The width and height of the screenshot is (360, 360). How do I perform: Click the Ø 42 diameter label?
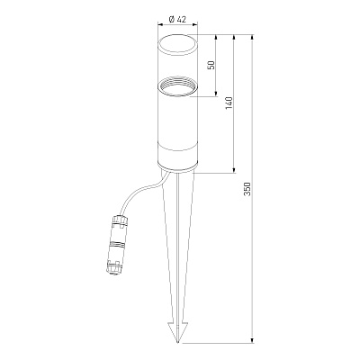point(177,20)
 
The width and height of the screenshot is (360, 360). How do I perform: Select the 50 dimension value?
point(212,65)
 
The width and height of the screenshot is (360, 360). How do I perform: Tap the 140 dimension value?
point(229,103)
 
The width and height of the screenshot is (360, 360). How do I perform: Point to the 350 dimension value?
point(247,189)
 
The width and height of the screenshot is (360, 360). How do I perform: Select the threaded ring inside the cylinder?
point(178,87)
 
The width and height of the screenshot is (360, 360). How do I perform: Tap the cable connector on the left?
point(117,244)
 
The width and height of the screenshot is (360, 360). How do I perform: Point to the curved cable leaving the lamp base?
point(141,191)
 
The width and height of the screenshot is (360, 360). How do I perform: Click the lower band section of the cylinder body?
point(178,154)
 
